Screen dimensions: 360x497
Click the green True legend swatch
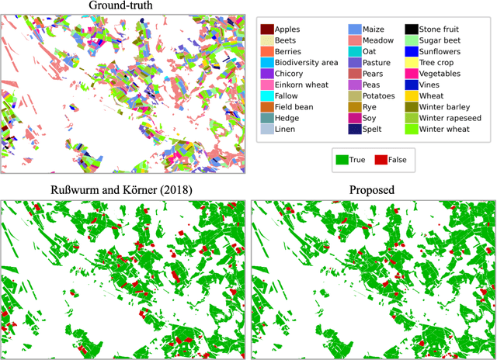tap(342, 160)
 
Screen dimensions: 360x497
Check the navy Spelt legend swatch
tap(356, 130)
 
